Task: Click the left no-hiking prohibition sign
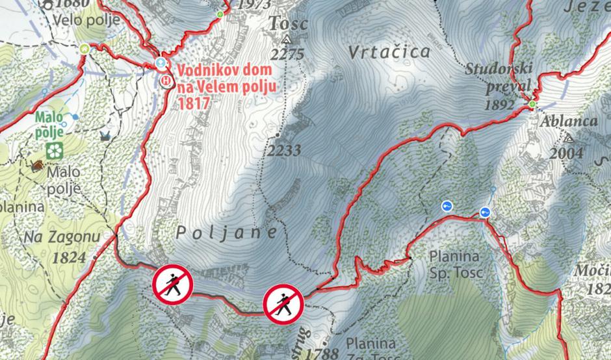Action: (x=172, y=283)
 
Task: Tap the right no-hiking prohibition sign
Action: (x=283, y=303)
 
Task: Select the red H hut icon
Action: (x=166, y=81)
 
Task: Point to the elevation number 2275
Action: (x=286, y=54)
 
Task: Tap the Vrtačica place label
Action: (x=389, y=52)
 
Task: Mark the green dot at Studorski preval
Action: (x=533, y=104)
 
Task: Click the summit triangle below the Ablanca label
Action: (x=569, y=138)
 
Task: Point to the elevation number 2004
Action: (x=565, y=153)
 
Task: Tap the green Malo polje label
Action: (x=50, y=124)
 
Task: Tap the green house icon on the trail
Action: (x=84, y=49)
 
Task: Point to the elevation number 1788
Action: (x=326, y=354)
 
